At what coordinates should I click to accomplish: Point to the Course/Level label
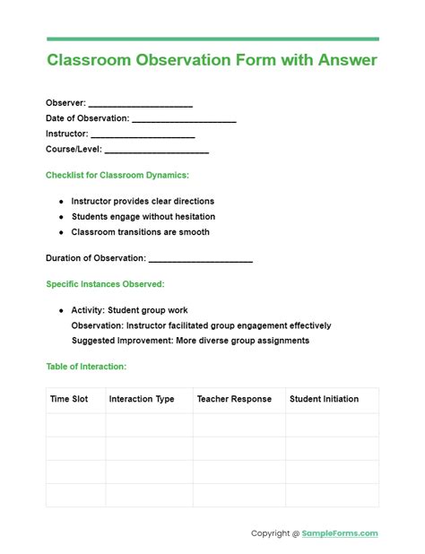point(74,150)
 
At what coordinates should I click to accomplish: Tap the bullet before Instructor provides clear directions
point(62,202)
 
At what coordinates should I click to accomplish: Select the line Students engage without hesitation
point(143,217)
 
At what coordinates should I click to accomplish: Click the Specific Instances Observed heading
point(105,284)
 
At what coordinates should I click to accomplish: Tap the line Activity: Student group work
point(129,310)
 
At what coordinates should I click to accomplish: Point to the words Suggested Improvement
point(120,341)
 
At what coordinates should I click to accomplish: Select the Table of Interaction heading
point(86,367)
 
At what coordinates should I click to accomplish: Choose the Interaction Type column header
point(142,400)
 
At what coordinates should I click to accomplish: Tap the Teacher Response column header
point(234,400)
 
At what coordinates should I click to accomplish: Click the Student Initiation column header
point(324,400)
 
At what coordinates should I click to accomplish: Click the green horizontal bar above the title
point(212,39)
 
